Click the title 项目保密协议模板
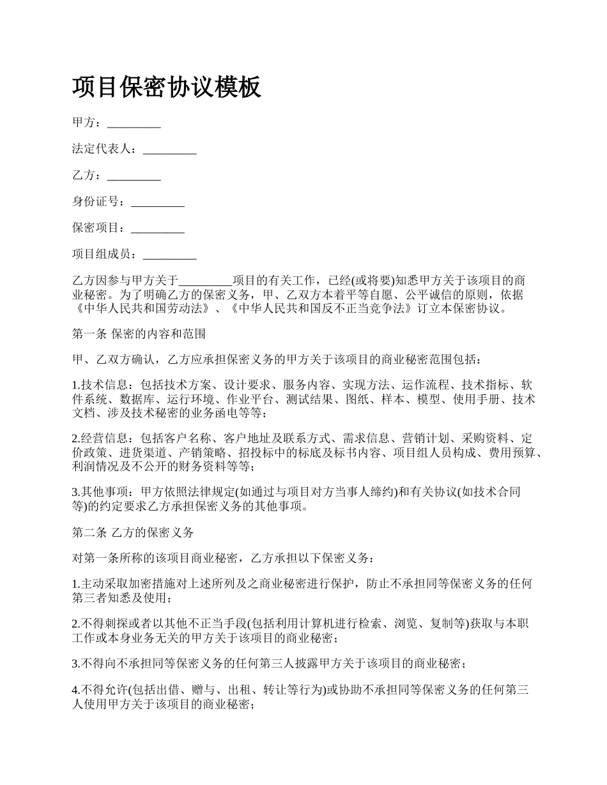point(167,87)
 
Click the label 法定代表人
point(102,149)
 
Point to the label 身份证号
point(96,202)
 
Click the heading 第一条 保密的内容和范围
point(139,333)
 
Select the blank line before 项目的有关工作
point(206,281)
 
